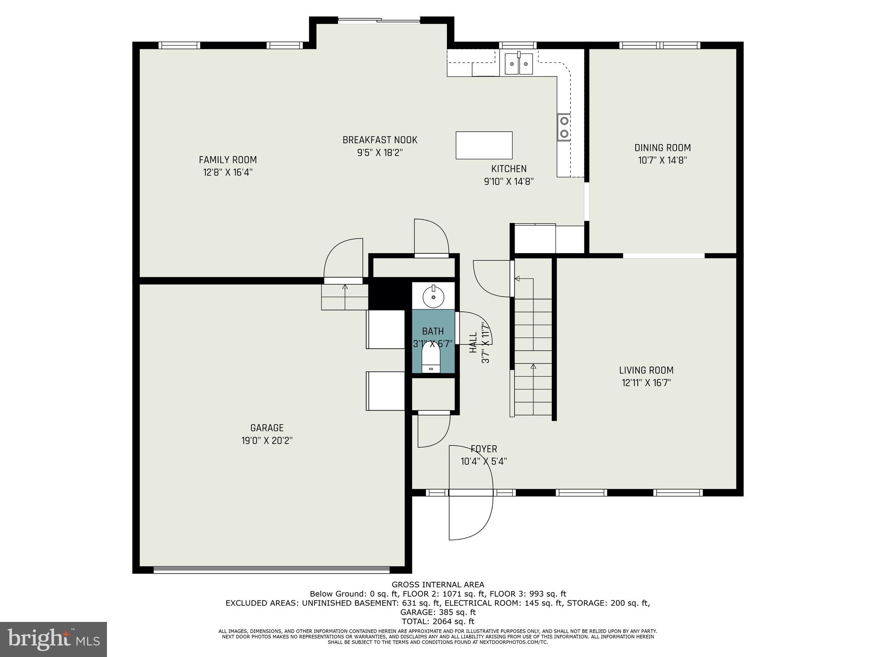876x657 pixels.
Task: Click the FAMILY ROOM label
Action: click(x=228, y=160)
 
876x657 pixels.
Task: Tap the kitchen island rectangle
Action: click(x=484, y=145)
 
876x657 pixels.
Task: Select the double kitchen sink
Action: click(x=518, y=64)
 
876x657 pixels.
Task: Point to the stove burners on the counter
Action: click(x=564, y=127)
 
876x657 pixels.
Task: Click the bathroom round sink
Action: click(x=433, y=296)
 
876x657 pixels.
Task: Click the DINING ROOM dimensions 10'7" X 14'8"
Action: click(x=662, y=160)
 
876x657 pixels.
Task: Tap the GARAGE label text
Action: click(x=267, y=428)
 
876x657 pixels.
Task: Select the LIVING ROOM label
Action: click(x=646, y=370)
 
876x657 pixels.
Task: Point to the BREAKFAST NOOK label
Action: click(x=380, y=140)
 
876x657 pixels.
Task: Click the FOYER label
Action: click(x=484, y=449)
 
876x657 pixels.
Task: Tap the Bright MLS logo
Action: click(x=53, y=639)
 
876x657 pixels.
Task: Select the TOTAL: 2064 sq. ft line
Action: click(x=438, y=621)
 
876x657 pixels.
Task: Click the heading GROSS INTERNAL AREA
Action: click(x=438, y=585)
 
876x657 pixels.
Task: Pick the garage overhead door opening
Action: click(x=271, y=569)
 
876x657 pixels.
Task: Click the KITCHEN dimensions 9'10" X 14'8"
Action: click(x=509, y=181)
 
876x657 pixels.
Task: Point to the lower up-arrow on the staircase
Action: click(x=533, y=367)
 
